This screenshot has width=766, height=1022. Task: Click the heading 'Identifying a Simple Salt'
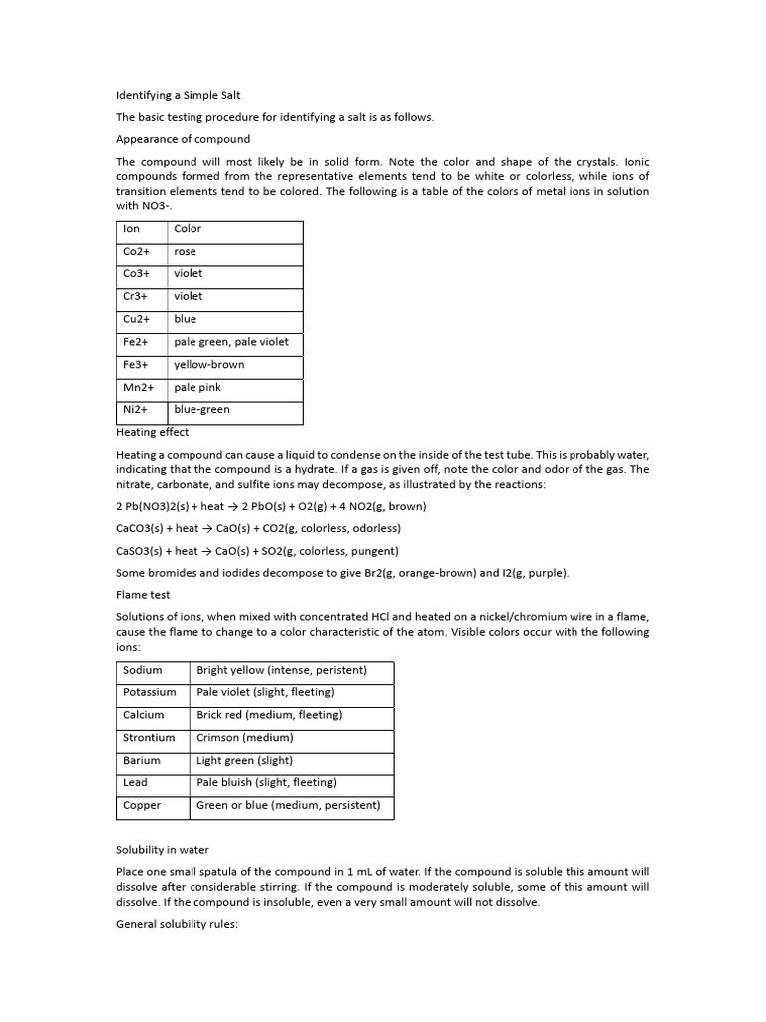(x=179, y=95)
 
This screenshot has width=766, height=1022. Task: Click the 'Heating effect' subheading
(x=152, y=432)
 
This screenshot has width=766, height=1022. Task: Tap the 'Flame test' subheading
(x=143, y=595)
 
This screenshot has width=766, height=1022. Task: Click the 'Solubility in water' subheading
(x=163, y=850)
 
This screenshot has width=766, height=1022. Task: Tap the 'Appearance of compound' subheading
(x=183, y=139)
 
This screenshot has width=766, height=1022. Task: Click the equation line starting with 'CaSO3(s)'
(x=257, y=551)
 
